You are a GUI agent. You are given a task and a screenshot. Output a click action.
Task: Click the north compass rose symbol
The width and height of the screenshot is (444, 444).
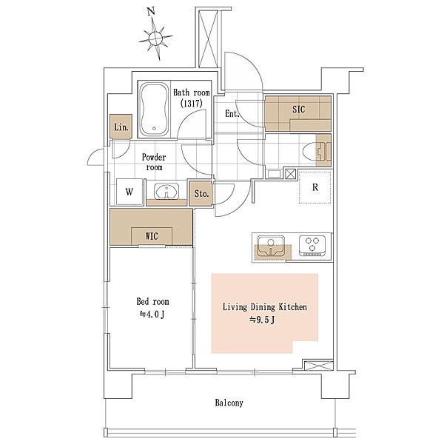155,38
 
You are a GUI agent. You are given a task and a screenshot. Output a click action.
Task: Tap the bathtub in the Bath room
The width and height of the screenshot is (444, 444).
154,110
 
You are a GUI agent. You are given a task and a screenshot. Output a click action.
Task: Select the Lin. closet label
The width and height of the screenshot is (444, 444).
121,127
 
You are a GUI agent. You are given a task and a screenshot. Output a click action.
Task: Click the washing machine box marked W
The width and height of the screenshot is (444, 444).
129,192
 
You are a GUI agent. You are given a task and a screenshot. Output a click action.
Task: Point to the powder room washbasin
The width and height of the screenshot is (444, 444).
166,191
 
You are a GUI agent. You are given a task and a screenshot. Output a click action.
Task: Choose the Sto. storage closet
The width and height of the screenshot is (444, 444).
201,194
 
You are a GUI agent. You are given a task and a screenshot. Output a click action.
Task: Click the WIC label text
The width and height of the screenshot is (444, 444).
152,236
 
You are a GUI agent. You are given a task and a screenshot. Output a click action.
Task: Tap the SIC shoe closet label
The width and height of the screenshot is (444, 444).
299,110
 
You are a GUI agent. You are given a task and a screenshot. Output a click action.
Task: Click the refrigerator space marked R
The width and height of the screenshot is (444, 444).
315,187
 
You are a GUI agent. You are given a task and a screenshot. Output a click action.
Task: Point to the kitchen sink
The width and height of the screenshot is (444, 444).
270,246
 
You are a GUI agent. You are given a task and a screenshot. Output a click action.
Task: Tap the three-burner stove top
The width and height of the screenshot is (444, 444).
312,246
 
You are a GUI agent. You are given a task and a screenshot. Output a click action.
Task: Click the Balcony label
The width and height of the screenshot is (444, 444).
229,403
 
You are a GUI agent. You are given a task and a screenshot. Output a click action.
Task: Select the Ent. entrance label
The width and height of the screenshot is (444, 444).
232,114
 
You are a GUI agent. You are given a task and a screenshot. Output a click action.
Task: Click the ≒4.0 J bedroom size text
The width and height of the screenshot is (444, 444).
152,314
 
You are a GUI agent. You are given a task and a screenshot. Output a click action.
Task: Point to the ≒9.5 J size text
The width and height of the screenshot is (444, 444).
262,320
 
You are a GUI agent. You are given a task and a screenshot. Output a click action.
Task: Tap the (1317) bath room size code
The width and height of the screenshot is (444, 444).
192,104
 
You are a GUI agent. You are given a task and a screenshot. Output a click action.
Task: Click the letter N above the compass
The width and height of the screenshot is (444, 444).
151,12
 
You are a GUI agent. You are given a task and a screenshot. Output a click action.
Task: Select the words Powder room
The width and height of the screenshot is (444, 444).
154,162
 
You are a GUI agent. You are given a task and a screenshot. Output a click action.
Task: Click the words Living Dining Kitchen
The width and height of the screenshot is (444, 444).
265,307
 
